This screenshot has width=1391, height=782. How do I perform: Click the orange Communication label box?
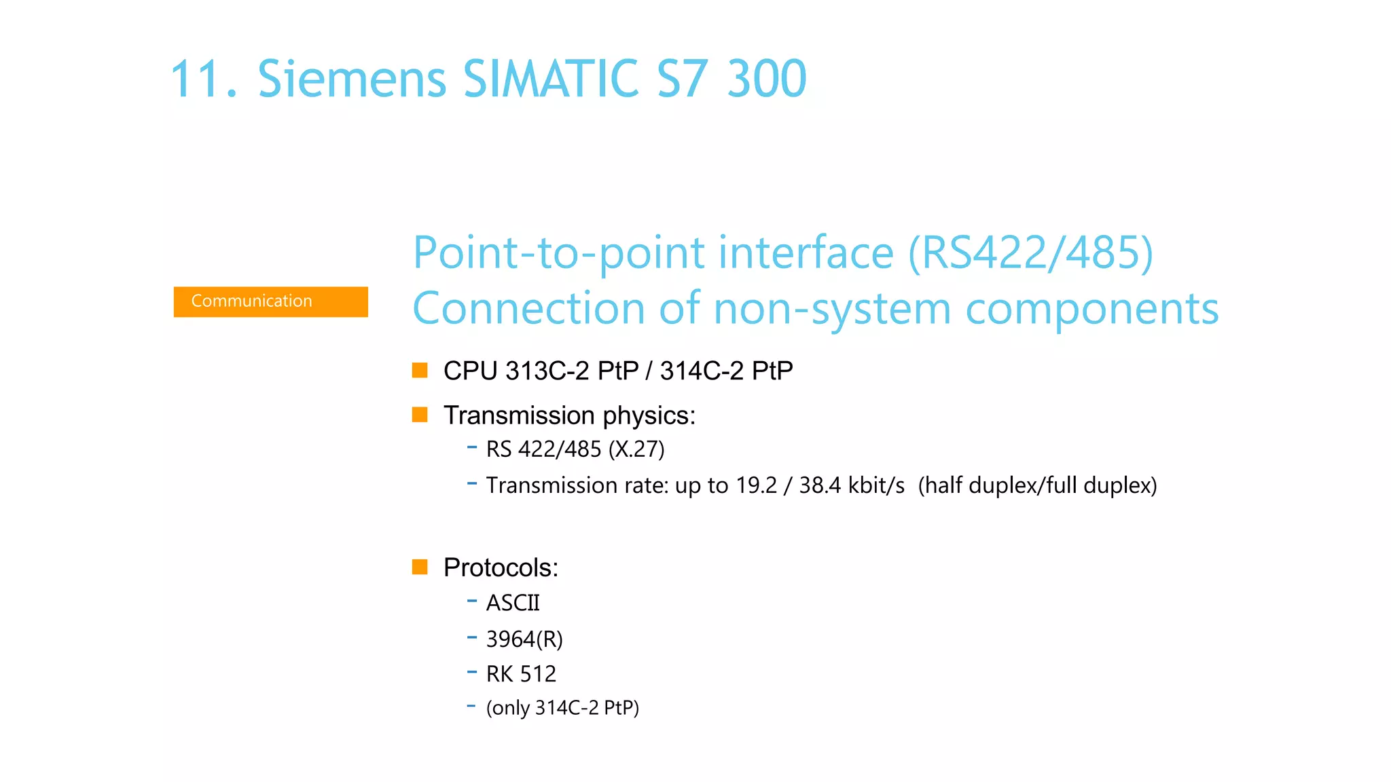(x=270, y=301)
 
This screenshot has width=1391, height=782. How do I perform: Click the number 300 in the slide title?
(x=767, y=79)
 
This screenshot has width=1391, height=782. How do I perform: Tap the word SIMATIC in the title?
(x=550, y=79)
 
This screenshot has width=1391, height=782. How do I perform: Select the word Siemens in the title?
(x=352, y=79)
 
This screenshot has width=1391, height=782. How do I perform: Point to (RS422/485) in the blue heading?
(x=1030, y=253)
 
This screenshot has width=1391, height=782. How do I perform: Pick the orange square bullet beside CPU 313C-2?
(x=420, y=370)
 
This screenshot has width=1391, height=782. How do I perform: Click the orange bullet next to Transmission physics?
(x=420, y=414)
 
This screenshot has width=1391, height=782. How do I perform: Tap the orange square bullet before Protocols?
(x=420, y=567)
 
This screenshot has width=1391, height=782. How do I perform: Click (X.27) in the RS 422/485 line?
(x=636, y=449)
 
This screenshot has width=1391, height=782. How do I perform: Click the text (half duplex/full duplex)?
(x=1037, y=485)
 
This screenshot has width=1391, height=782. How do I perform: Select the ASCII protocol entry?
(x=513, y=603)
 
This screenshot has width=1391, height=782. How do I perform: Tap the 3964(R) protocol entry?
(x=524, y=639)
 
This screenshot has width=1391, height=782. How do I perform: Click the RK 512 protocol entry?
(x=521, y=674)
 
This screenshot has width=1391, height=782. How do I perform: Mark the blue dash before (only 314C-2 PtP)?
(x=471, y=707)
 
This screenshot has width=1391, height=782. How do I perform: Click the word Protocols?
(x=501, y=567)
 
